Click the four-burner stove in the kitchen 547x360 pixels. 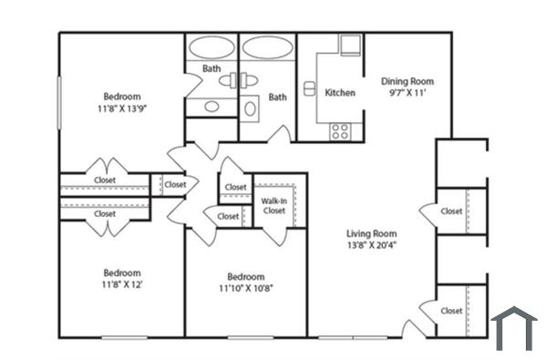340,130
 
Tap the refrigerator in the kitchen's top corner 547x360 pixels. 350,46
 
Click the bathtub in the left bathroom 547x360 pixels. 212,48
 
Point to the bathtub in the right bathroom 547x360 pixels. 267,48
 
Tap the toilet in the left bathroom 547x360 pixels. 228,81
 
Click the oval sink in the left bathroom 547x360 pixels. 212,107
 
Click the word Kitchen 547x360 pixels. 340,93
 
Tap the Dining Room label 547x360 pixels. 408,81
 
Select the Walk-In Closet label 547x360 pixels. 273,205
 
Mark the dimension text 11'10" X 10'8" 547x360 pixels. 246,290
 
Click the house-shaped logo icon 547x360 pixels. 514,328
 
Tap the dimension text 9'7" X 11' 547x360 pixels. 408,93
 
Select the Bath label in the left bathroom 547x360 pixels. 211,68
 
